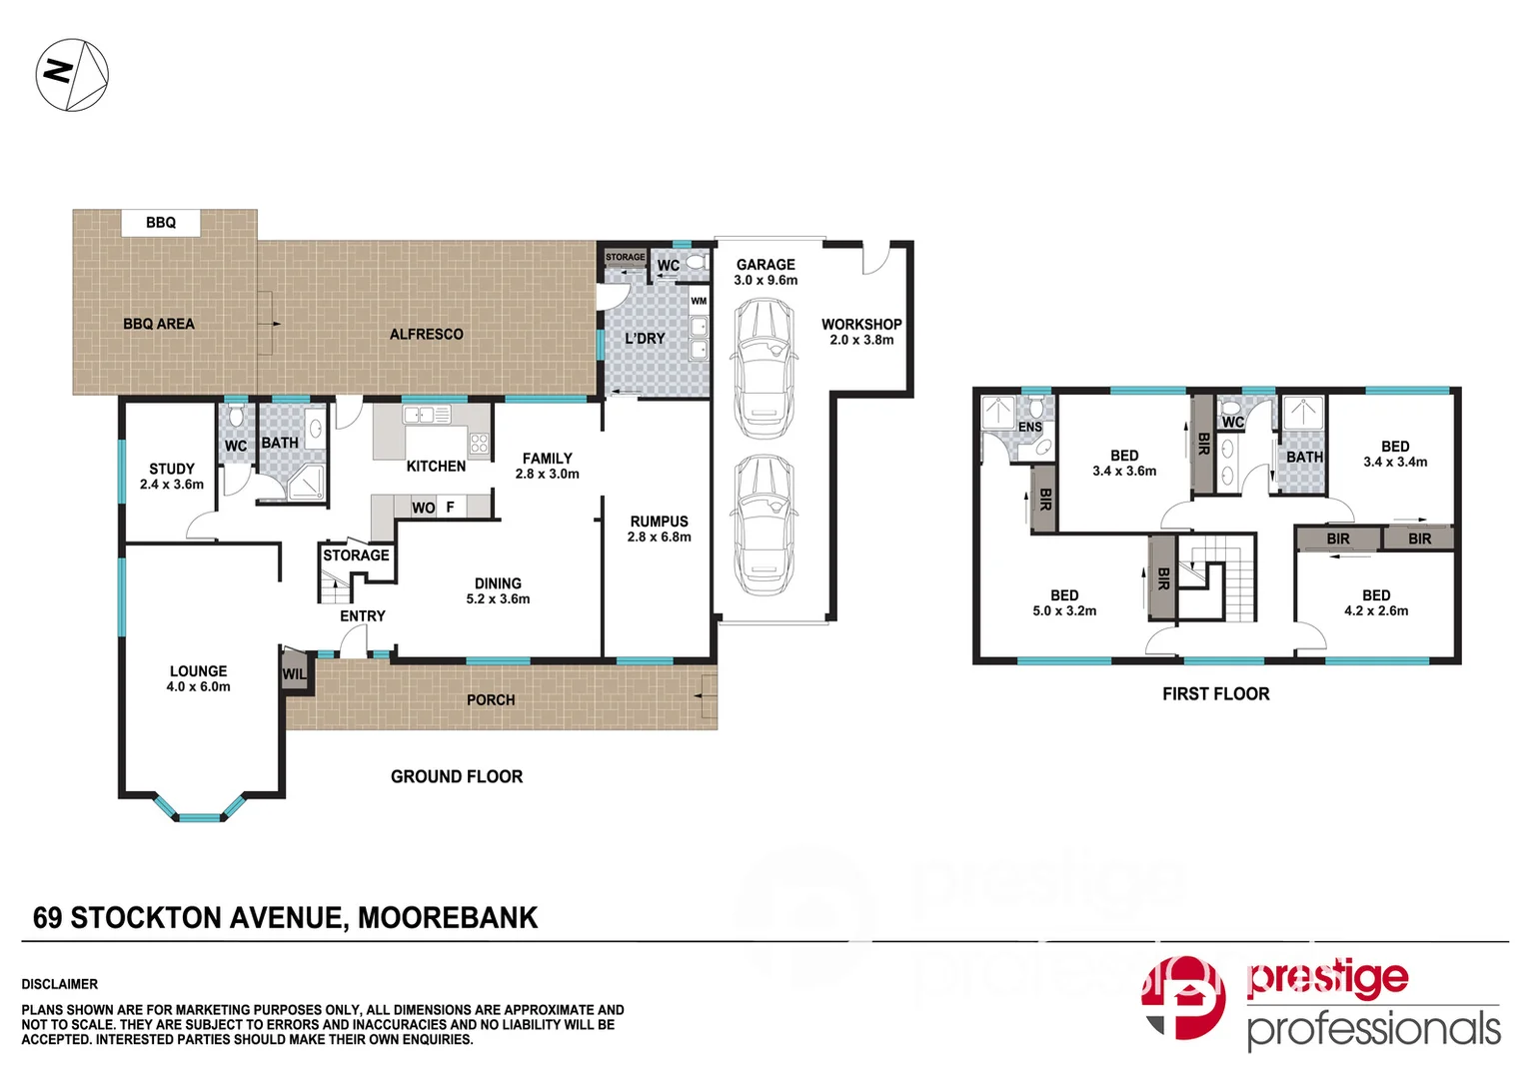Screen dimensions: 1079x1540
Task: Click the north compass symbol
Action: tap(72, 75)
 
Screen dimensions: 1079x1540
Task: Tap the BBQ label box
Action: tap(160, 223)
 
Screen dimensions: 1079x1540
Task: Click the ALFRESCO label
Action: tap(426, 335)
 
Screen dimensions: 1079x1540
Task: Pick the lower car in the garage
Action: tap(765, 525)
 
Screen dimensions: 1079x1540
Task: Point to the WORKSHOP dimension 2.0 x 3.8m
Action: tap(861, 340)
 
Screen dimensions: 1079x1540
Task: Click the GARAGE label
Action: tap(766, 265)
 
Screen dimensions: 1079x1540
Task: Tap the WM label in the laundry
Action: tap(699, 301)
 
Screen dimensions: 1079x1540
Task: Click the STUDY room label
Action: tap(172, 469)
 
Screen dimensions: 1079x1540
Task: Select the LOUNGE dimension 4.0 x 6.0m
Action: tap(198, 687)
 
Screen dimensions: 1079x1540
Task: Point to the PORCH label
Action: tap(491, 700)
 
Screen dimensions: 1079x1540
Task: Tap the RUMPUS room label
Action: tap(659, 522)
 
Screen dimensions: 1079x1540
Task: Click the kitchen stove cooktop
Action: tap(479, 443)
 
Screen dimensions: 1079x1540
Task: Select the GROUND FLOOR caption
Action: tap(457, 776)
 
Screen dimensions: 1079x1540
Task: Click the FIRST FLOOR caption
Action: tap(1215, 693)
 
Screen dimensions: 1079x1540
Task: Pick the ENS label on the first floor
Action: tap(1029, 427)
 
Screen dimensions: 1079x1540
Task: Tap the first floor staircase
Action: tap(1216, 579)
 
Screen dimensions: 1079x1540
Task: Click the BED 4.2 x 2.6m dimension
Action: tap(1376, 611)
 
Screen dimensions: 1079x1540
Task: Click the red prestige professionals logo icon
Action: tap(1185, 997)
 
